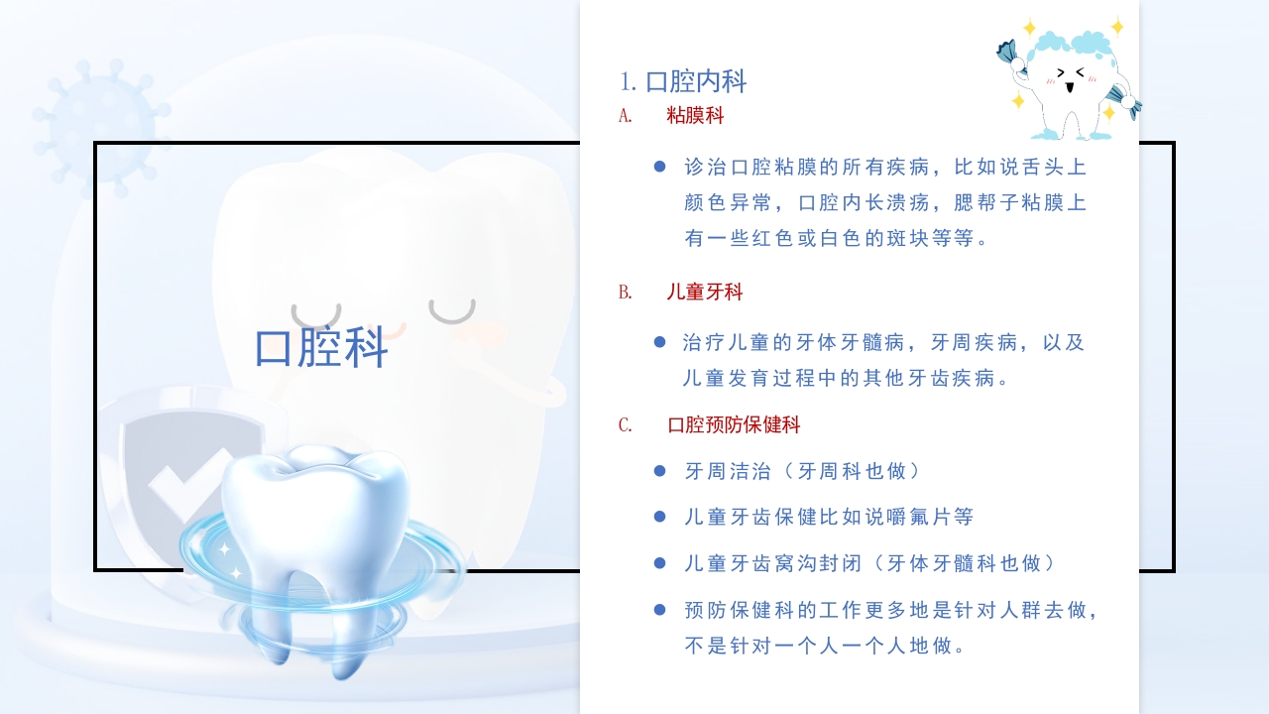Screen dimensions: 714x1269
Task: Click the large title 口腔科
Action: [321, 348]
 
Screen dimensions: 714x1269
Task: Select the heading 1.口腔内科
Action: [682, 81]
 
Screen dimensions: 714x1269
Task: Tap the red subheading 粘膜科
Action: [695, 116]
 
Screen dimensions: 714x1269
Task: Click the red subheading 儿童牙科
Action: [704, 293]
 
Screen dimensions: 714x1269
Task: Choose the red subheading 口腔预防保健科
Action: [734, 425]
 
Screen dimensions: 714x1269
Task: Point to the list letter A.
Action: [625, 116]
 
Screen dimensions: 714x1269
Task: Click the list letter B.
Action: [625, 293]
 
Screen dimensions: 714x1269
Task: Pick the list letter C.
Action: [625, 425]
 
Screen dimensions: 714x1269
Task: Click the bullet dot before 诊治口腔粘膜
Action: [659, 167]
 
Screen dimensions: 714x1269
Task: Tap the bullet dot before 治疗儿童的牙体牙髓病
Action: [659, 342]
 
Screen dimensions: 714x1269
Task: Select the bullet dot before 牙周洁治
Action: [659, 471]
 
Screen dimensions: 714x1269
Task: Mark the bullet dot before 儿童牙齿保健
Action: [659, 517]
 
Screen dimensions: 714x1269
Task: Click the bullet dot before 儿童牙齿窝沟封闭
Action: [659, 563]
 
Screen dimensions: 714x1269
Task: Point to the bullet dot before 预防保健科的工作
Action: [659, 610]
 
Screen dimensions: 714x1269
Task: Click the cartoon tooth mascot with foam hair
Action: [1069, 79]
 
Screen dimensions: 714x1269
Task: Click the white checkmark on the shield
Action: [183, 481]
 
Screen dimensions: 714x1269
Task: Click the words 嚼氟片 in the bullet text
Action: [906, 517]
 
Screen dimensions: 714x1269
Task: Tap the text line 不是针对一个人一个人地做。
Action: [825, 647]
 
